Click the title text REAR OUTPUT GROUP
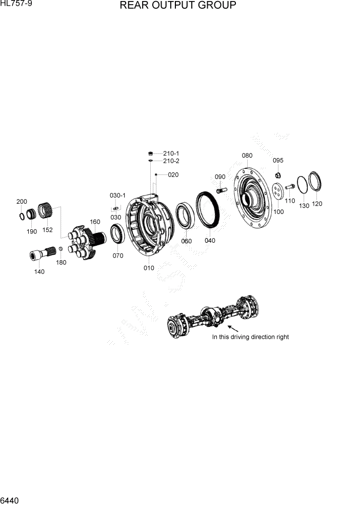click(x=178, y=6)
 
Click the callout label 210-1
click(x=171, y=153)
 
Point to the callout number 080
click(x=247, y=155)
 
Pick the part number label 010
click(x=148, y=268)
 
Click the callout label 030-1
click(x=117, y=195)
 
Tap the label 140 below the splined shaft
click(x=39, y=272)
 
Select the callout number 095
click(x=278, y=161)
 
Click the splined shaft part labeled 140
click(x=42, y=253)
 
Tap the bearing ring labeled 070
click(x=117, y=236)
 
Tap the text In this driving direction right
click(x=250, y=337)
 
